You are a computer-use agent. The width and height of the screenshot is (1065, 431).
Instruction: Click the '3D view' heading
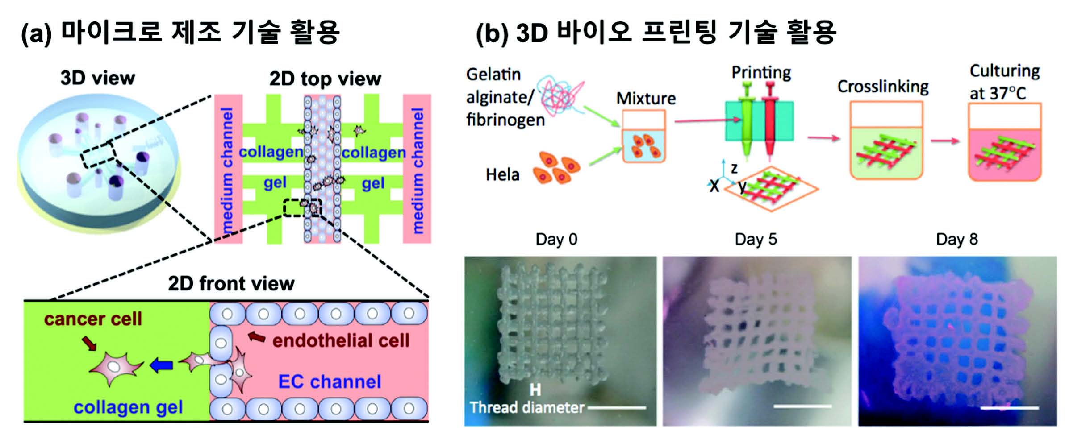[97, 78]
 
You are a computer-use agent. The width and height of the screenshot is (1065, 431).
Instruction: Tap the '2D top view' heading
[325, 79]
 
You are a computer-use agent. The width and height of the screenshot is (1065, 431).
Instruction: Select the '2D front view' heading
[231, 283]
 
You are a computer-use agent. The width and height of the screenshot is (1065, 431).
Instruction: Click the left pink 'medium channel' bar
[228, 169]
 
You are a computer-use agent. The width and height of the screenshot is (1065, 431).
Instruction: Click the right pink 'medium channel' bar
[417, 169]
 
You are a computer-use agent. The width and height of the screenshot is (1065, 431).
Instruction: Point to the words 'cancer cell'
[93, 319]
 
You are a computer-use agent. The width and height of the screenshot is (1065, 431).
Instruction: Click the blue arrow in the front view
[161, 366]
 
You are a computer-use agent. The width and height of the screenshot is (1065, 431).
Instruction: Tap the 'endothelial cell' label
[341, 341]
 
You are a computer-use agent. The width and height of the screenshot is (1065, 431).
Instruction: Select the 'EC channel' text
[330, 382]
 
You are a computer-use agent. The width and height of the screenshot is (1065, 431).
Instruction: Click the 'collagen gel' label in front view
[128, 407]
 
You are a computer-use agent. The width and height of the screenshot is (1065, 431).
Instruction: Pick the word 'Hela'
[502, 174]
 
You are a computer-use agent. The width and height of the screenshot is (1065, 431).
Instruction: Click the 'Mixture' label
[646, 98]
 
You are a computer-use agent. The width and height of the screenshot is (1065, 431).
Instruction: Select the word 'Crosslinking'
[883, 87]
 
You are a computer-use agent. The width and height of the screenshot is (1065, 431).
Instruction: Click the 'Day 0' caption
[556, 239]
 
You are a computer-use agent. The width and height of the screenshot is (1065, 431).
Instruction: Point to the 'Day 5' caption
[756, 239]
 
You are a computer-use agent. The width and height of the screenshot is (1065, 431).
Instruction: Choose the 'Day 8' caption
[957, 239]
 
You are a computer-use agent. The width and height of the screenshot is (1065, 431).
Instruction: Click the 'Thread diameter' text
[526, 407]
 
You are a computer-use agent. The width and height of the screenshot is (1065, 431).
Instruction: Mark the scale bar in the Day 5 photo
[802, 406]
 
